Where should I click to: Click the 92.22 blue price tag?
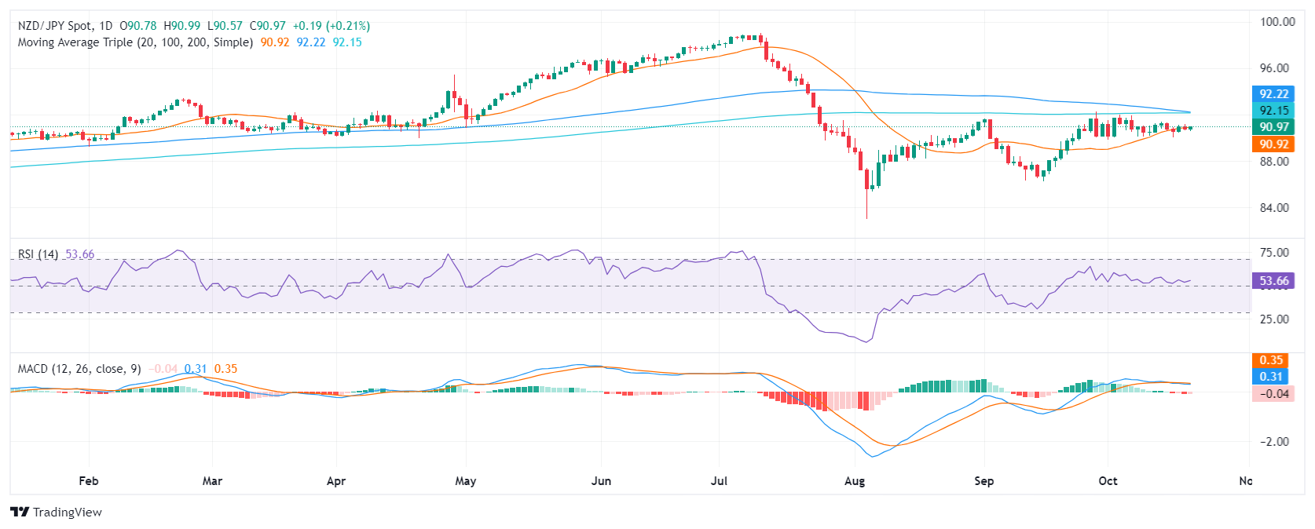click(1273, 94)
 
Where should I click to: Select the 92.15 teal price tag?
click(1273, 111)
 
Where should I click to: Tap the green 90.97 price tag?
click(1273, 127)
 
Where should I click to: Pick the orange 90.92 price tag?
click(1273, 144)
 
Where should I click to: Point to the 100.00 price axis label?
click(1277, 22)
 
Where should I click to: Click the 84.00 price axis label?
click(1274, 208)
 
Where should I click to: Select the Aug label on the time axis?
click(855, 481)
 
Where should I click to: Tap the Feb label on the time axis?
click(89, 481)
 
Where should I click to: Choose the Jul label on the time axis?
click(719, 481)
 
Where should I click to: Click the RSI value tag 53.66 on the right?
click(1273, 281)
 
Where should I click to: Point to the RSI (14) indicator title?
click(38, 254)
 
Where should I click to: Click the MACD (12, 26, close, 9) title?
click(79, 369)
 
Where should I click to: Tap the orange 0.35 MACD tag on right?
click(1271, 360)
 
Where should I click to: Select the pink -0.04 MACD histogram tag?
click(1271, 394)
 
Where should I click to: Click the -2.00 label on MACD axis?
click(1274, 442)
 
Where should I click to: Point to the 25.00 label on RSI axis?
click(1274, 319)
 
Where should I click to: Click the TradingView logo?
click(56, 513)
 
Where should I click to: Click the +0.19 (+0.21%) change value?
click(331, 26)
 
